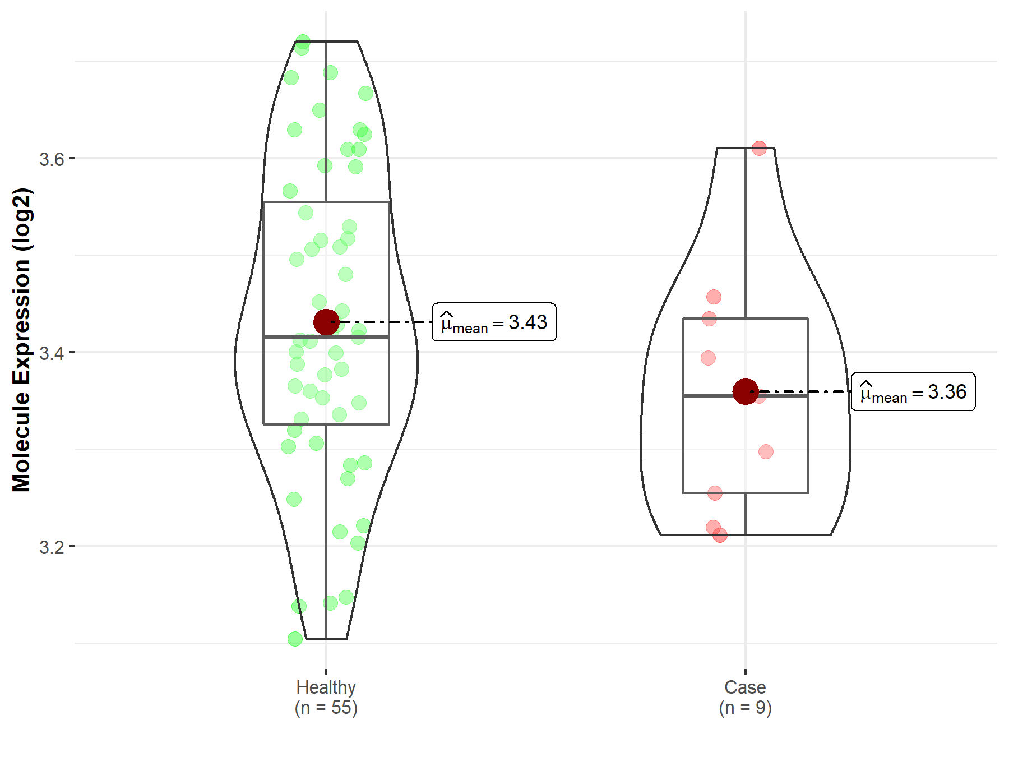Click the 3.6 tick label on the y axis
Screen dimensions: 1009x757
[x=52, y=159]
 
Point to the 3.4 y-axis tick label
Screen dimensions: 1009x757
[x=52, y=353]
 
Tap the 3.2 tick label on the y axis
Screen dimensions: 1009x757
[x=52, y=547]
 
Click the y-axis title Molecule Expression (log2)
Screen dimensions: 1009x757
[x=21, y=340]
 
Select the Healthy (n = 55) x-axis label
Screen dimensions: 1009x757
[x=326, y=698]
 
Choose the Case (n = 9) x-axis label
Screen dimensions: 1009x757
[x=746, y=698]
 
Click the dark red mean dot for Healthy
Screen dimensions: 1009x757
[x=326, y=322]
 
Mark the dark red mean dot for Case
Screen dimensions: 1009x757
[x=746, y=391]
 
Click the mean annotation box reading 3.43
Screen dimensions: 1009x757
[x=494, y=322]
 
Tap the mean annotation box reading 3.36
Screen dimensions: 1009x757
[x=913, y=391]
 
